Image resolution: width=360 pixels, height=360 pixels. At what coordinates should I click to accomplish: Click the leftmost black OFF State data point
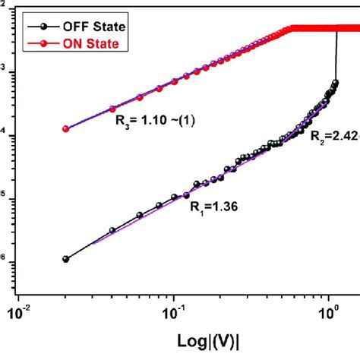click(65, 259)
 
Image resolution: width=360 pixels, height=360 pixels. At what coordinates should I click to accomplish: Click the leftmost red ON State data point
click(65, 129)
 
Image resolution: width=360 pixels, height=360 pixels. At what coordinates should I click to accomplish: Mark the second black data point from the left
click(112, 230)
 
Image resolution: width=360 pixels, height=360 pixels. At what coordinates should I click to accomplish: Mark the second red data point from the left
click(112, 109)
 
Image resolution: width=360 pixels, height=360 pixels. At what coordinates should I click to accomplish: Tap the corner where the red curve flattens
click(291, 29)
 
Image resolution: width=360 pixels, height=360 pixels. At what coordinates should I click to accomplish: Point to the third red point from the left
click(140, 97)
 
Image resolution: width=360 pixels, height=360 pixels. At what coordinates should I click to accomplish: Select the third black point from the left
click(140, 215)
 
